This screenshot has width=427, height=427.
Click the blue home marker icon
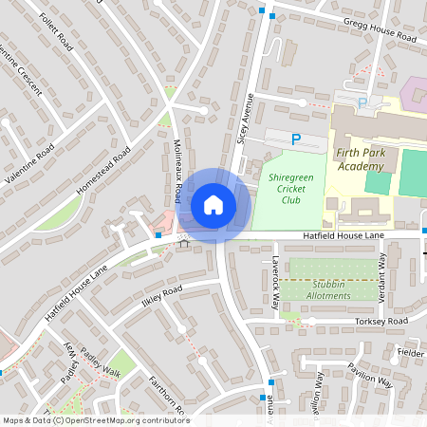(213, 204)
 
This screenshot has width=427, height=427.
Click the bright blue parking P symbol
(295, 140)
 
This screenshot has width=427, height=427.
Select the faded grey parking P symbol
(362, 102)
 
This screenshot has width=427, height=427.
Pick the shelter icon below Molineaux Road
(184, 243)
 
